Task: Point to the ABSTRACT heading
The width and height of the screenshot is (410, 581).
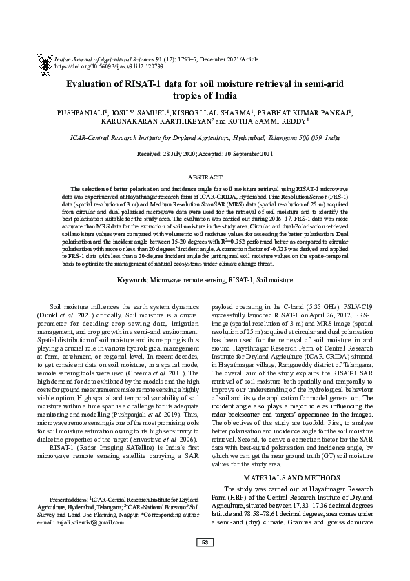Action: (205, 177)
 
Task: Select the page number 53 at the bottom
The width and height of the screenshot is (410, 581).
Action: (205, 562)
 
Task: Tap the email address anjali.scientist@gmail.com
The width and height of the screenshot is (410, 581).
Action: (94, 522)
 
